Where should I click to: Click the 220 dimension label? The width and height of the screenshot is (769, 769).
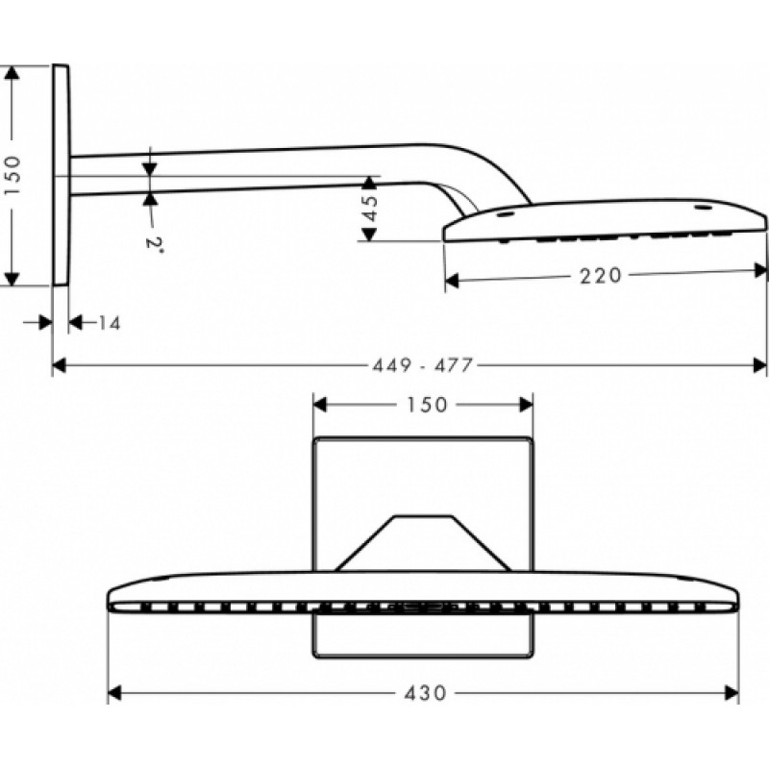pyautogui.click(x=600, y=276)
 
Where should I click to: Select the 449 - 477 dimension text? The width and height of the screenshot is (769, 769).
pyautogui.click(x=422, y=365)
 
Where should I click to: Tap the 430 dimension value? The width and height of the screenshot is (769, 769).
pyautogui.click(x=425, y=693)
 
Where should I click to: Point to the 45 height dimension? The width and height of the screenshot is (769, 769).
pyautogui.click(x=370, y=209)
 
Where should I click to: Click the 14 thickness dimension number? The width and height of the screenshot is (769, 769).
pyautogui.click(x=110, y=323)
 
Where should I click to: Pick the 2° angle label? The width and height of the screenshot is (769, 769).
pyautogui.click(x=154, y=243)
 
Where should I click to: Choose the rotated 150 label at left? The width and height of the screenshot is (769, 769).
pyautogui.click(x=12, y=175)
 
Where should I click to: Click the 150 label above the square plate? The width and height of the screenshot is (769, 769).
pyautogui.click(x=427, y=405)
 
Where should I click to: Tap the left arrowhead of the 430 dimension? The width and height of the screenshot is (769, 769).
pyautogui.click(x=114, y=693)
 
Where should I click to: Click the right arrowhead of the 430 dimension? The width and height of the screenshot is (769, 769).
pyautogui.click(x=732, y=693)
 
